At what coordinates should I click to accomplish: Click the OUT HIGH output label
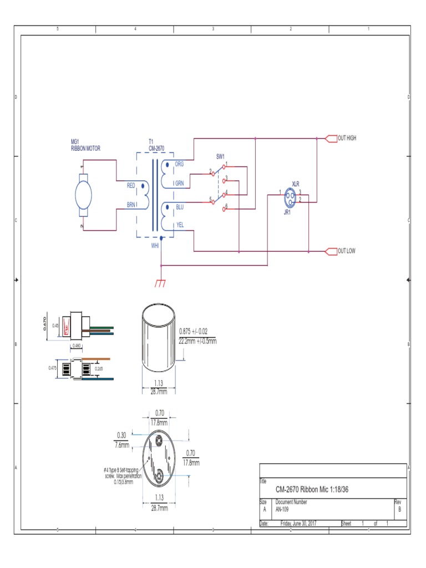click(x=347, y=138)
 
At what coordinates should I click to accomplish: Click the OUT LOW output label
click(x=346, y=251)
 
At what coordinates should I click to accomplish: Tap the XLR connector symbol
click(x=291, y=197)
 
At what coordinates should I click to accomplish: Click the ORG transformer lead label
click(x=179, y=164)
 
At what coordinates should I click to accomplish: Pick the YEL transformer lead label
click(x=179, y=225)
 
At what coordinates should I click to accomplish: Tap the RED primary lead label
click(x=131, y=185)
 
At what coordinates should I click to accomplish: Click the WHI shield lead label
click(x=155, y=245)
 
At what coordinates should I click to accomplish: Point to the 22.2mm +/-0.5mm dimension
click(x=197, y=341)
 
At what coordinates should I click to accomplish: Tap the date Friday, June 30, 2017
click(x=298, y=524)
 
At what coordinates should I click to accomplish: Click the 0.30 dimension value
click(x=122, y=434)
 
